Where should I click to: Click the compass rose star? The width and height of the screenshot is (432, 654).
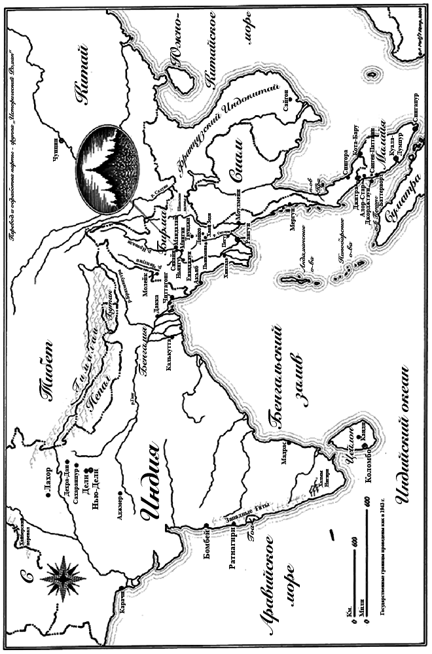pos(63,576)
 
